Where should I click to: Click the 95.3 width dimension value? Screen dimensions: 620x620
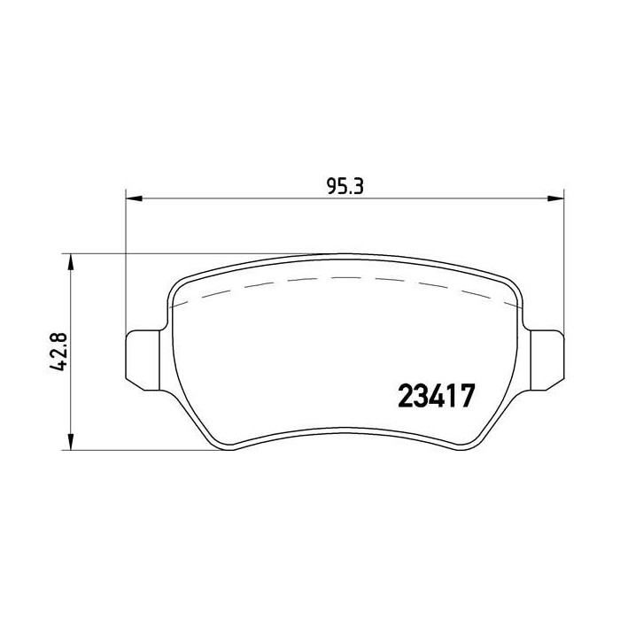(x=345, y=186)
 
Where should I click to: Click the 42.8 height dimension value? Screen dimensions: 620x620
(x=58, y=352)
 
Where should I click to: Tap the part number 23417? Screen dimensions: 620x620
(x=436, y=396)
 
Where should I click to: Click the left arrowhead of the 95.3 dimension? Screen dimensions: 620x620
(x=134, y=198)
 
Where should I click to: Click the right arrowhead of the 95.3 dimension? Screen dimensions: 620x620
(x=555, y=198)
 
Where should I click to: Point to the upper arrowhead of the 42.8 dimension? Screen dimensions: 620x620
(x=70, y=261)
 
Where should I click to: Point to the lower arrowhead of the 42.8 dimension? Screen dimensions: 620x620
(x=70, y=442)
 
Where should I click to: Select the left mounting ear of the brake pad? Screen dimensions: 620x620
(x=143, y=360)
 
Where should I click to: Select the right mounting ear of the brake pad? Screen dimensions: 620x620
(x=546, y=360)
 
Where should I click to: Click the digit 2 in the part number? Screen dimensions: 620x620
(x=406, y=396)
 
